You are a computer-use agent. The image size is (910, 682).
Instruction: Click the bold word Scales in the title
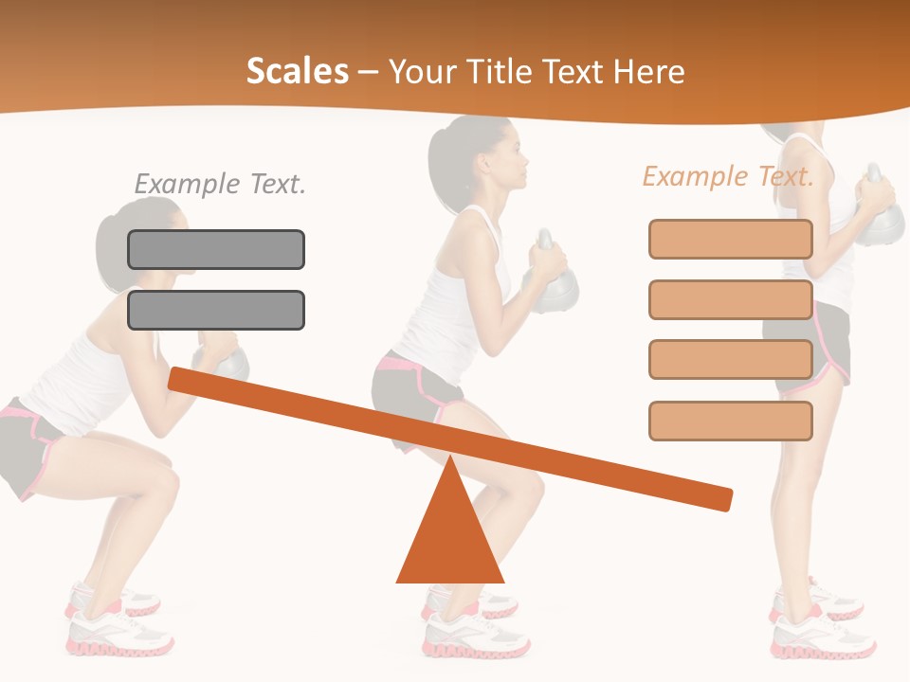point(297,72)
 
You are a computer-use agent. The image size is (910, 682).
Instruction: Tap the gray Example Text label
point(220,184)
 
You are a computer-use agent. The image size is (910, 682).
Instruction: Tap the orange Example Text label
point(728,176)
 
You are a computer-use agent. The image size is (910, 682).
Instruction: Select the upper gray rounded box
point(216,249)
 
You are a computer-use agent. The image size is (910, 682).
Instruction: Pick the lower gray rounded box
point(216,310)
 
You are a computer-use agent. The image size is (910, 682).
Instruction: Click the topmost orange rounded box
point(730,239)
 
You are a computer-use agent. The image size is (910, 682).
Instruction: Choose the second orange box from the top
point(730,299)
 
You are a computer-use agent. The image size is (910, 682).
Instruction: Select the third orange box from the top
point(730,360)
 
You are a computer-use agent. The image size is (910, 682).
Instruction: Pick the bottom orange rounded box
point(730,421)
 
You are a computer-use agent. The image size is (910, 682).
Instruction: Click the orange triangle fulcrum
point(449,540)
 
